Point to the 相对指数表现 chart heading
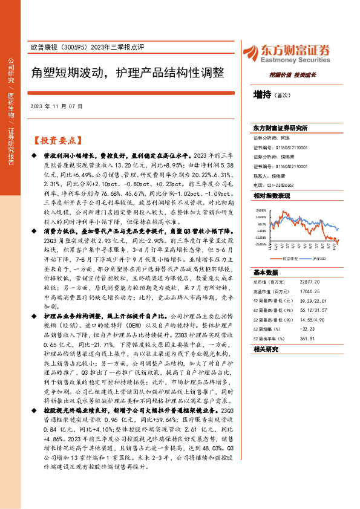[272, 196]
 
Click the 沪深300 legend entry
[320, 257]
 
